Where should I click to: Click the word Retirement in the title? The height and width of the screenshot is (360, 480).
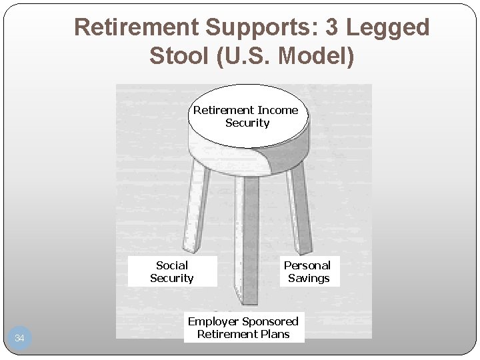click(136, 28)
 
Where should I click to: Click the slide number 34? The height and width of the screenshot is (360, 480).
click(19, 339)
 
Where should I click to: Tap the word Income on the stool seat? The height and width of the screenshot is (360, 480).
click(277, 110)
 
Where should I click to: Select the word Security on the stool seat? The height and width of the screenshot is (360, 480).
click(247, 123)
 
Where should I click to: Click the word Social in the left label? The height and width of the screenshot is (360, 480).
click(172, 265)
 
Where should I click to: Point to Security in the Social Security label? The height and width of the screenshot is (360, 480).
click(172, 279)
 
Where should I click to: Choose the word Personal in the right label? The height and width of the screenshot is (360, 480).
click(307, 265)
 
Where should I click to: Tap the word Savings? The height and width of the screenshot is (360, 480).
click(309, 279)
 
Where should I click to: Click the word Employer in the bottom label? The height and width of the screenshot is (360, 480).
click(214, 321)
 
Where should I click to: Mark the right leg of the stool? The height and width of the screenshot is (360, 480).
click(299, 207)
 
